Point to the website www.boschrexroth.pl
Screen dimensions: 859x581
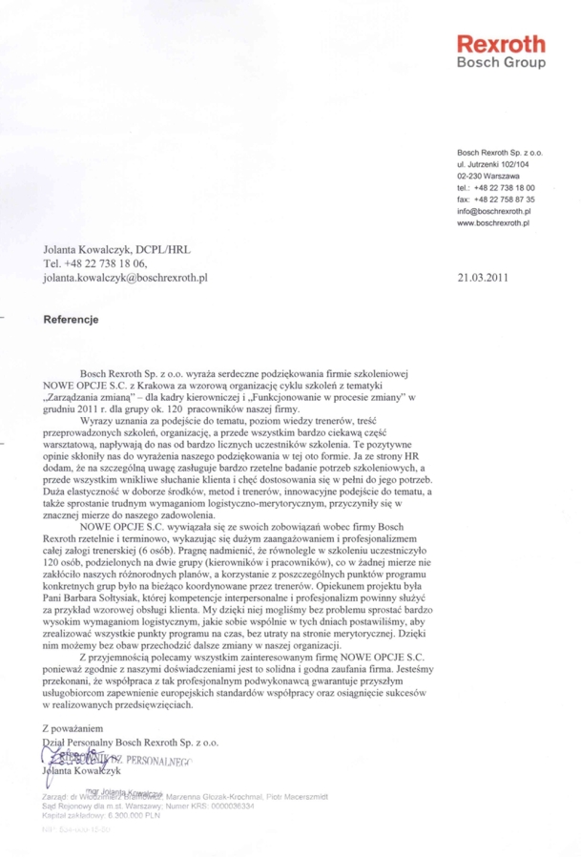tap(492, 223)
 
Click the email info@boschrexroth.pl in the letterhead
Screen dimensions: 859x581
tap(491, 212)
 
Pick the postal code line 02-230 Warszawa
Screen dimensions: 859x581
tap(488, 177)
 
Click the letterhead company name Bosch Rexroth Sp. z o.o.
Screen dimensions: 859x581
tap(499, 153)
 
